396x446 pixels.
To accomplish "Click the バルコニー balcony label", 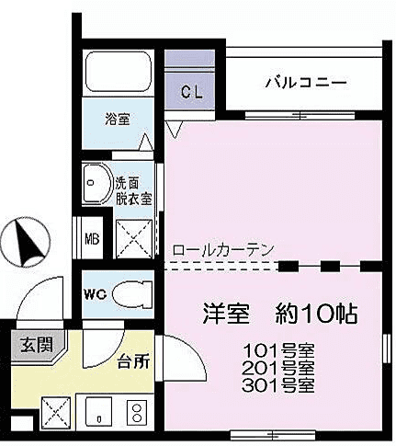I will pos(306,82).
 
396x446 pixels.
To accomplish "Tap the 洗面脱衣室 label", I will pos(134,190).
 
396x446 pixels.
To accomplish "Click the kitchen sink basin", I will pos(94,410).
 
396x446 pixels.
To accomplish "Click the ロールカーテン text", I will pos(221,249).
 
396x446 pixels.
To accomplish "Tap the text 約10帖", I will pos(315,313).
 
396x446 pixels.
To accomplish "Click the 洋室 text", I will pos(225,313).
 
